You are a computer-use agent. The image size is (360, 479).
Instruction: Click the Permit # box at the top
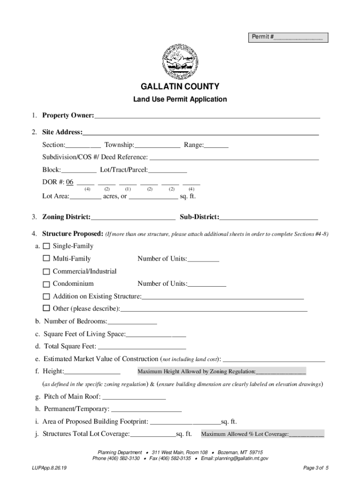(288, 37)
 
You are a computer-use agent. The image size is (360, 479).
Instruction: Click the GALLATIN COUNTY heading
(180, 87)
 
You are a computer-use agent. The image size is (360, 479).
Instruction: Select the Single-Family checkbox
(46, 246)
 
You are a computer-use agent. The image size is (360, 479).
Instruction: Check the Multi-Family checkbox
(46, 259)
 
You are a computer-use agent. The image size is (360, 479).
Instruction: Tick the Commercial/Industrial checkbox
(46, 271)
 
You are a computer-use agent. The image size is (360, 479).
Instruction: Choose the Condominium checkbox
(46, 284)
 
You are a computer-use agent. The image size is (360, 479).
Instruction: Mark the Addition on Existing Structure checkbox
(46, 296)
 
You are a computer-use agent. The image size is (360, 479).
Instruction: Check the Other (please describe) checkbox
(46, 308)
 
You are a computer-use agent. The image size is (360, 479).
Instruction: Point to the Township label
(119, 145)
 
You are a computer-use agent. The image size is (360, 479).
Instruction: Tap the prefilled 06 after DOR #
(70, 181)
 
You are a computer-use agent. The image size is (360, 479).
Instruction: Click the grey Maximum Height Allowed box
(221, 371)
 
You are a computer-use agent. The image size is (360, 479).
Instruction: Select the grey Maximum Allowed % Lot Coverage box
(262, 434)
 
